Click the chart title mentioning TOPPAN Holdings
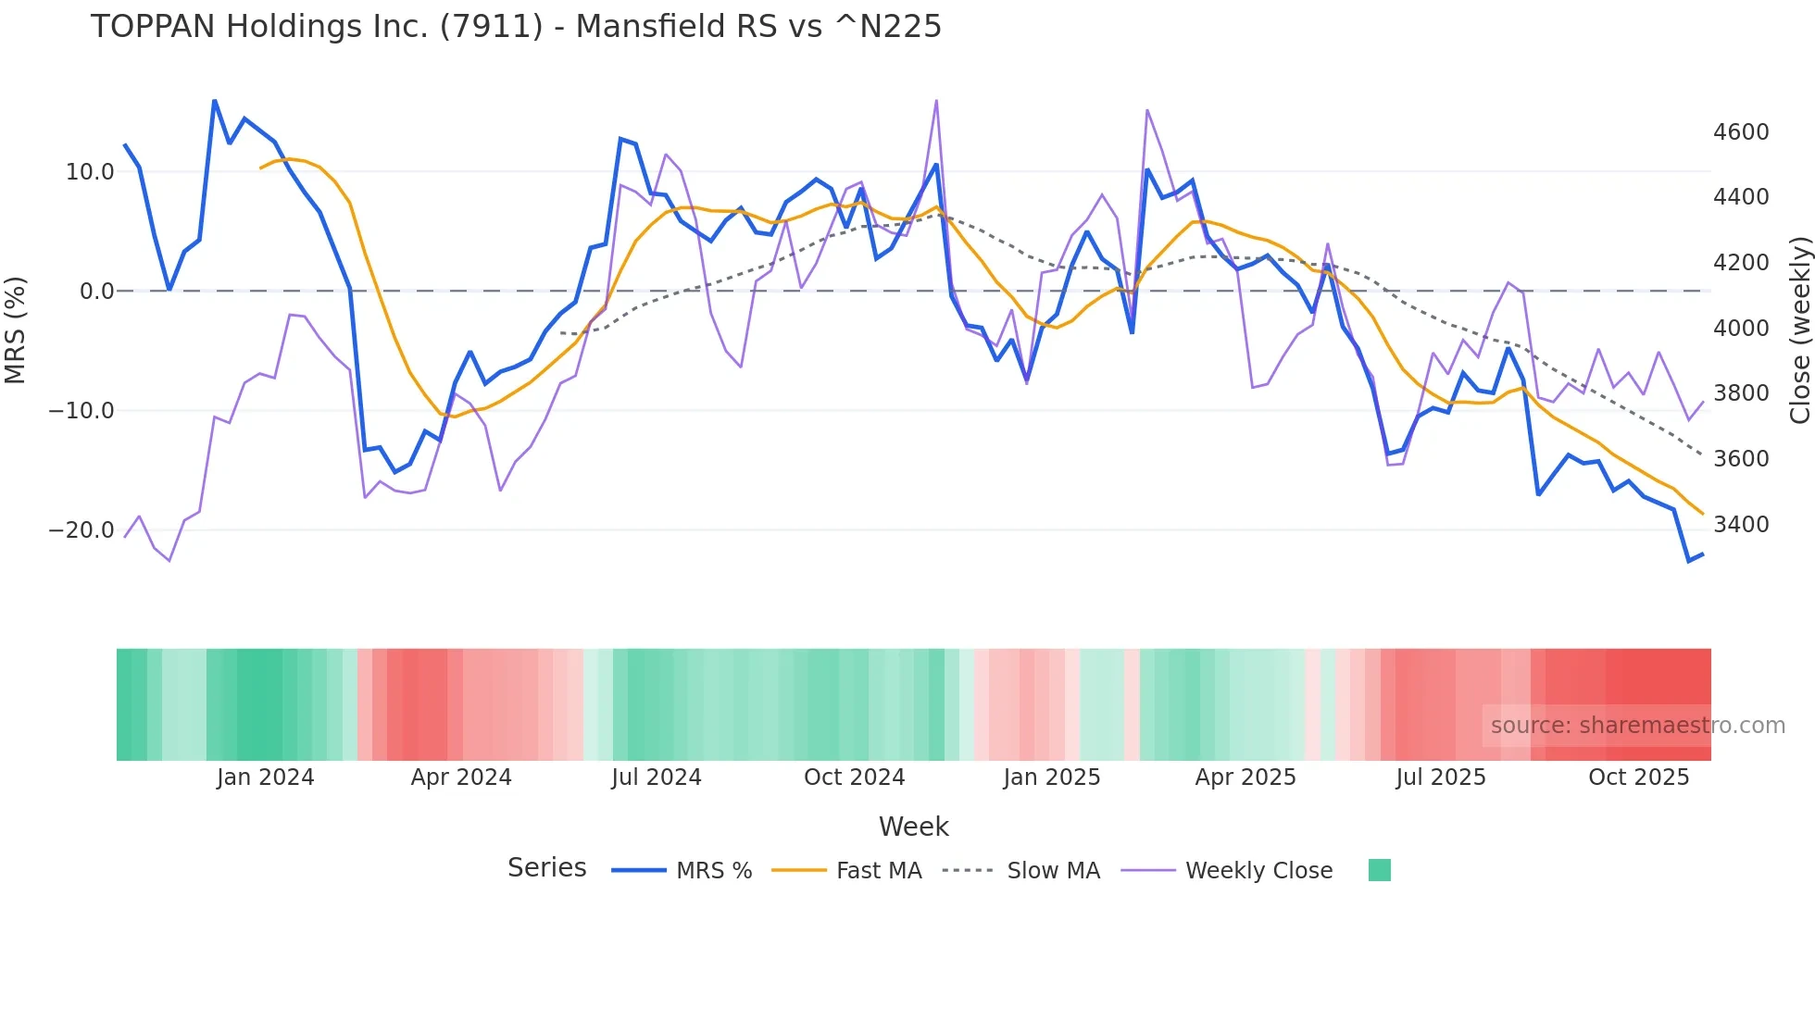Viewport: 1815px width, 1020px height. tap(516, 27)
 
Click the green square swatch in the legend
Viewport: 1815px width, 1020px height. tap(1379, 870)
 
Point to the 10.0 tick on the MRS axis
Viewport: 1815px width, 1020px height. tap(90, 172)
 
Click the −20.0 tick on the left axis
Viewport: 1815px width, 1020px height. tap(81, 530)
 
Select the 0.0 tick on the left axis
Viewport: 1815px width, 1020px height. tap(96, 292)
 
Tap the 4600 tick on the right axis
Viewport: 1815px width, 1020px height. tap(1741, 132)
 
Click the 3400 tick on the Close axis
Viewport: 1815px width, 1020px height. tap(1741, 525)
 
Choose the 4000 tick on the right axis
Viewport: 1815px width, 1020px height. tap(1741, 329)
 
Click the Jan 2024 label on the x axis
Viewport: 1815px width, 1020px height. tap(266, 777)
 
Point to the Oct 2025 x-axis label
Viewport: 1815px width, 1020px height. tap(1638, 777)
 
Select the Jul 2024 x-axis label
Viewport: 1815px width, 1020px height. tap(656, 777)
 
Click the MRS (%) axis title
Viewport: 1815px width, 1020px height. tap(16, 330)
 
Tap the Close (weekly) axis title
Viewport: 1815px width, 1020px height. tap(1799, 330)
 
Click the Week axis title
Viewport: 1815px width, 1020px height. tap(913, 827)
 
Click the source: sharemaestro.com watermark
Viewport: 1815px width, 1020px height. tap(1637, 726)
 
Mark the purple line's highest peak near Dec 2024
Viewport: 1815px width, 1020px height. tap(936, 101)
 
